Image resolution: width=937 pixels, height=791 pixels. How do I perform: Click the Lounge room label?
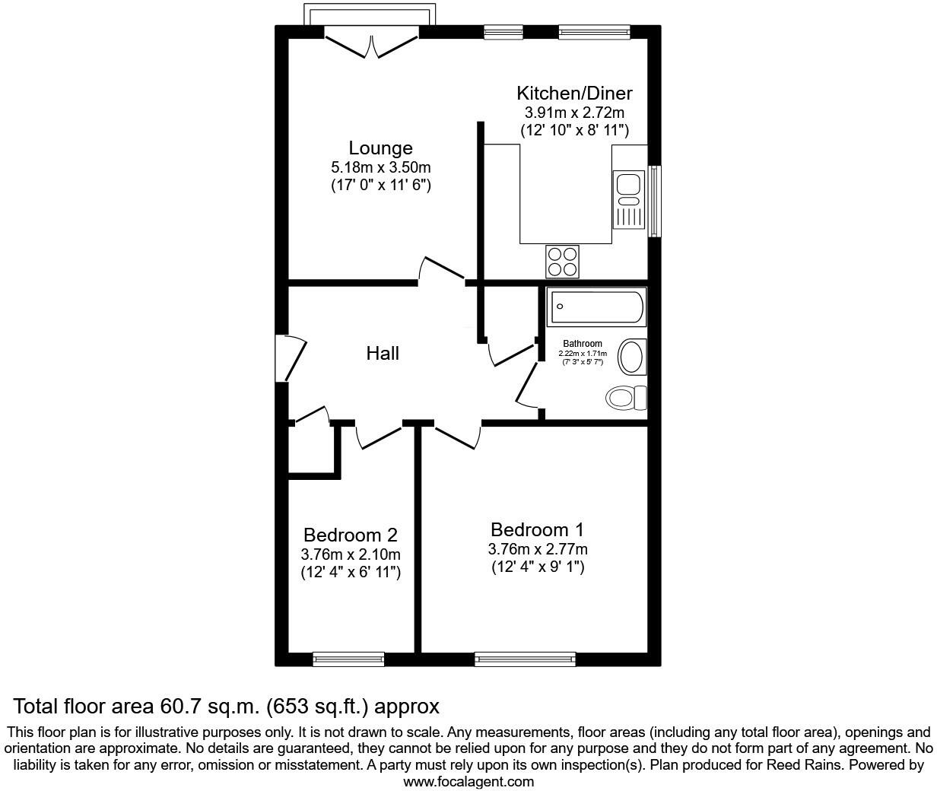pyautogui.click(x=380, y=148)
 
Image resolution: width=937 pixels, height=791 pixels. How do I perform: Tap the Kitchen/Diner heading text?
pyautogui.click(x=574, y=94)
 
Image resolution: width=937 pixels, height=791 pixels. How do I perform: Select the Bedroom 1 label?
pyautogui.click(x=537, y=529)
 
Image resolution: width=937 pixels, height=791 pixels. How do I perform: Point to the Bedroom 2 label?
pyautogui.click(x=350, y=535)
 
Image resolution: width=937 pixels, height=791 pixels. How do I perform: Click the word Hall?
pyautogui.click(x=383, y=354)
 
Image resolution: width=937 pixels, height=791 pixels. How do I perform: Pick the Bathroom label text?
pyautogui.click(x=583, y=344)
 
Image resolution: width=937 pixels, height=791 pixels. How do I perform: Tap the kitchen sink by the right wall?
pyautogui.click(x=628, y=190)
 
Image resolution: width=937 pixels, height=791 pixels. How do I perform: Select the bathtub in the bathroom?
pyautogui.click(x=596, y=307)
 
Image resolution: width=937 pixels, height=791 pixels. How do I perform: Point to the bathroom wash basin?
pyautogui.click(x=631, y=357)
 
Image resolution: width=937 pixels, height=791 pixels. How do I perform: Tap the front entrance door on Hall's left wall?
pyautogui.click(x=291, y=357)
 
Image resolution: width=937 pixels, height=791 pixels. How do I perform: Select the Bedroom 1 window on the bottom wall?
pyautogui.click(x=525, y=659)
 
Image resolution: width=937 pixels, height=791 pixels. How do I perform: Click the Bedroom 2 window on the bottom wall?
pyautogui.click(x=348, y=659)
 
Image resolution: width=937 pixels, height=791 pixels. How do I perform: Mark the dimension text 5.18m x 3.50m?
pyautogui.click(x=380, y=167)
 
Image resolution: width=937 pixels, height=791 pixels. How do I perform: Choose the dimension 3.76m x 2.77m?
pyautogui.click(x=537, y=549)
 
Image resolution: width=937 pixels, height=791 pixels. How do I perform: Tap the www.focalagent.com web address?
pyautogui.click(x=468, y=781)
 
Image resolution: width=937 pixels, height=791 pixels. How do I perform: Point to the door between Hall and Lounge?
pyautogui.click(x=441, y=270)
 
